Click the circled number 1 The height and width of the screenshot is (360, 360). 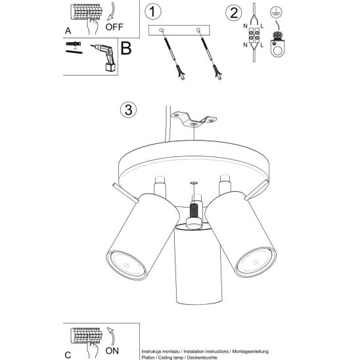153,11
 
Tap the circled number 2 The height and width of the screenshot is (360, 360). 233,12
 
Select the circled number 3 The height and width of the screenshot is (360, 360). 128,110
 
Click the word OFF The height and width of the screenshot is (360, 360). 114,27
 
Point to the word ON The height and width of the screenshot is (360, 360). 112,351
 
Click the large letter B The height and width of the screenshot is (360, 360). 126,48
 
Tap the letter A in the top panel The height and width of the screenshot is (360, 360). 68,30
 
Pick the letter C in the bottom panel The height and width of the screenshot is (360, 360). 68,355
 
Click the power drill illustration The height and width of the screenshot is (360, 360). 103,57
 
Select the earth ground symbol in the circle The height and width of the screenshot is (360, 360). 276,12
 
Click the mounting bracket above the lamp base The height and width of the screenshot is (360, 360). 194,119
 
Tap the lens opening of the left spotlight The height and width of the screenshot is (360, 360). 127,265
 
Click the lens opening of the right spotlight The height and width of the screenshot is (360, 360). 256,261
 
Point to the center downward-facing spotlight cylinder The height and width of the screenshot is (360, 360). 198,263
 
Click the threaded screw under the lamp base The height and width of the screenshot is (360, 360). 194,211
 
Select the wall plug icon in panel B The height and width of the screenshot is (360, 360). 73,43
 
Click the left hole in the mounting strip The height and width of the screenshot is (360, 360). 161,30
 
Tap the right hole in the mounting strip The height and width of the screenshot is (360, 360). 198,30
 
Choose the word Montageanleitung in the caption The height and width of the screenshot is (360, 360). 250,351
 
